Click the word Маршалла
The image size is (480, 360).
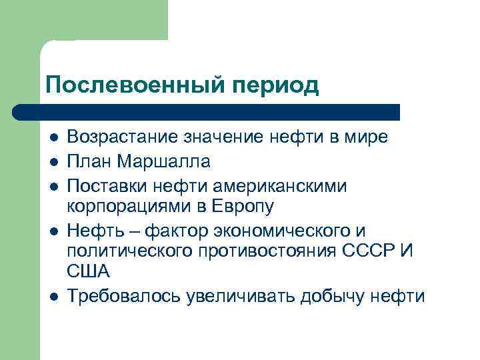pyautogui.click(x=164, y=161)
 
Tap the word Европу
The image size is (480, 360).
pyautogui.click(x=243, y=207)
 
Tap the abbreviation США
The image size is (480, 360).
pyautogui.click(x=88, y=274)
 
